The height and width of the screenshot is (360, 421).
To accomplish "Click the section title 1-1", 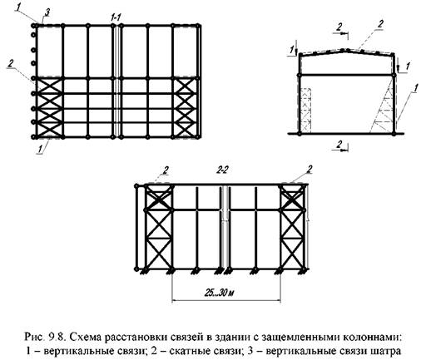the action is tap(116, 17).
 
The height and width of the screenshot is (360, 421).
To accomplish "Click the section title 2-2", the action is tap(222, 170).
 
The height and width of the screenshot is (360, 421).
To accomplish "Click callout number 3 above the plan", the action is tap(47, 12).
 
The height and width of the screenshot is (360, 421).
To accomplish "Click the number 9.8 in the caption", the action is tap(57, 338).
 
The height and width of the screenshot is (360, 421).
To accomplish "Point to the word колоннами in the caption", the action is tap(373, 338).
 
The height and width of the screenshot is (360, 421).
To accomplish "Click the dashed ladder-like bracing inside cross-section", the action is tap(306, 109).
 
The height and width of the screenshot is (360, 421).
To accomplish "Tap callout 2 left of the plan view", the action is tap(10, 63).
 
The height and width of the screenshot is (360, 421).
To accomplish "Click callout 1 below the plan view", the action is tap(41, 148).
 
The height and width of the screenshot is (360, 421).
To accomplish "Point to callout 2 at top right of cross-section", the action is tap(380, 24).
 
